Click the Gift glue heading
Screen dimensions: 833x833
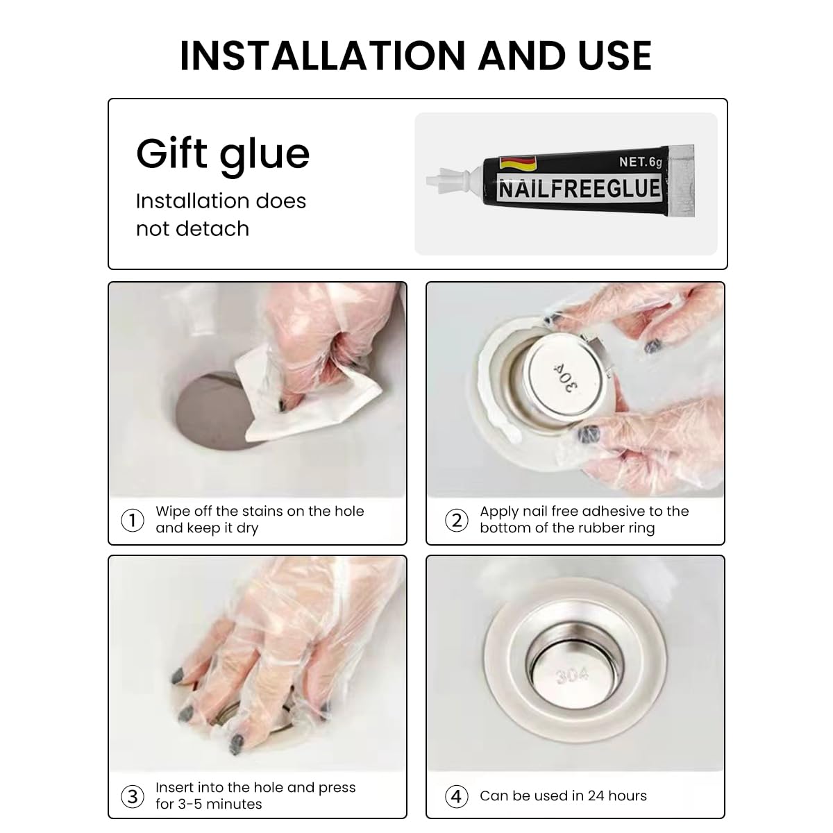point(223,155)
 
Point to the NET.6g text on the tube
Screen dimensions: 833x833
point(640,162)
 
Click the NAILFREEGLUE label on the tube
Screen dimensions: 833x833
point(579,189)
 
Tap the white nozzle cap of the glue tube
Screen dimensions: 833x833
point(451,180)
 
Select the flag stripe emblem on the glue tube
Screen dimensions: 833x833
point(517,163)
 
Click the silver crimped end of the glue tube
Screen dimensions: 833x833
point(681,180)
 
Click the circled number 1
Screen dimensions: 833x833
point(133,520)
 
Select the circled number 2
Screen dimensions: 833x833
point(457,520)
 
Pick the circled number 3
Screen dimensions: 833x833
point(133,796)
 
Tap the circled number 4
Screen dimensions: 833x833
point(457,796)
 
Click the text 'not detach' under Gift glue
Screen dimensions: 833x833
point(193,228)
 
